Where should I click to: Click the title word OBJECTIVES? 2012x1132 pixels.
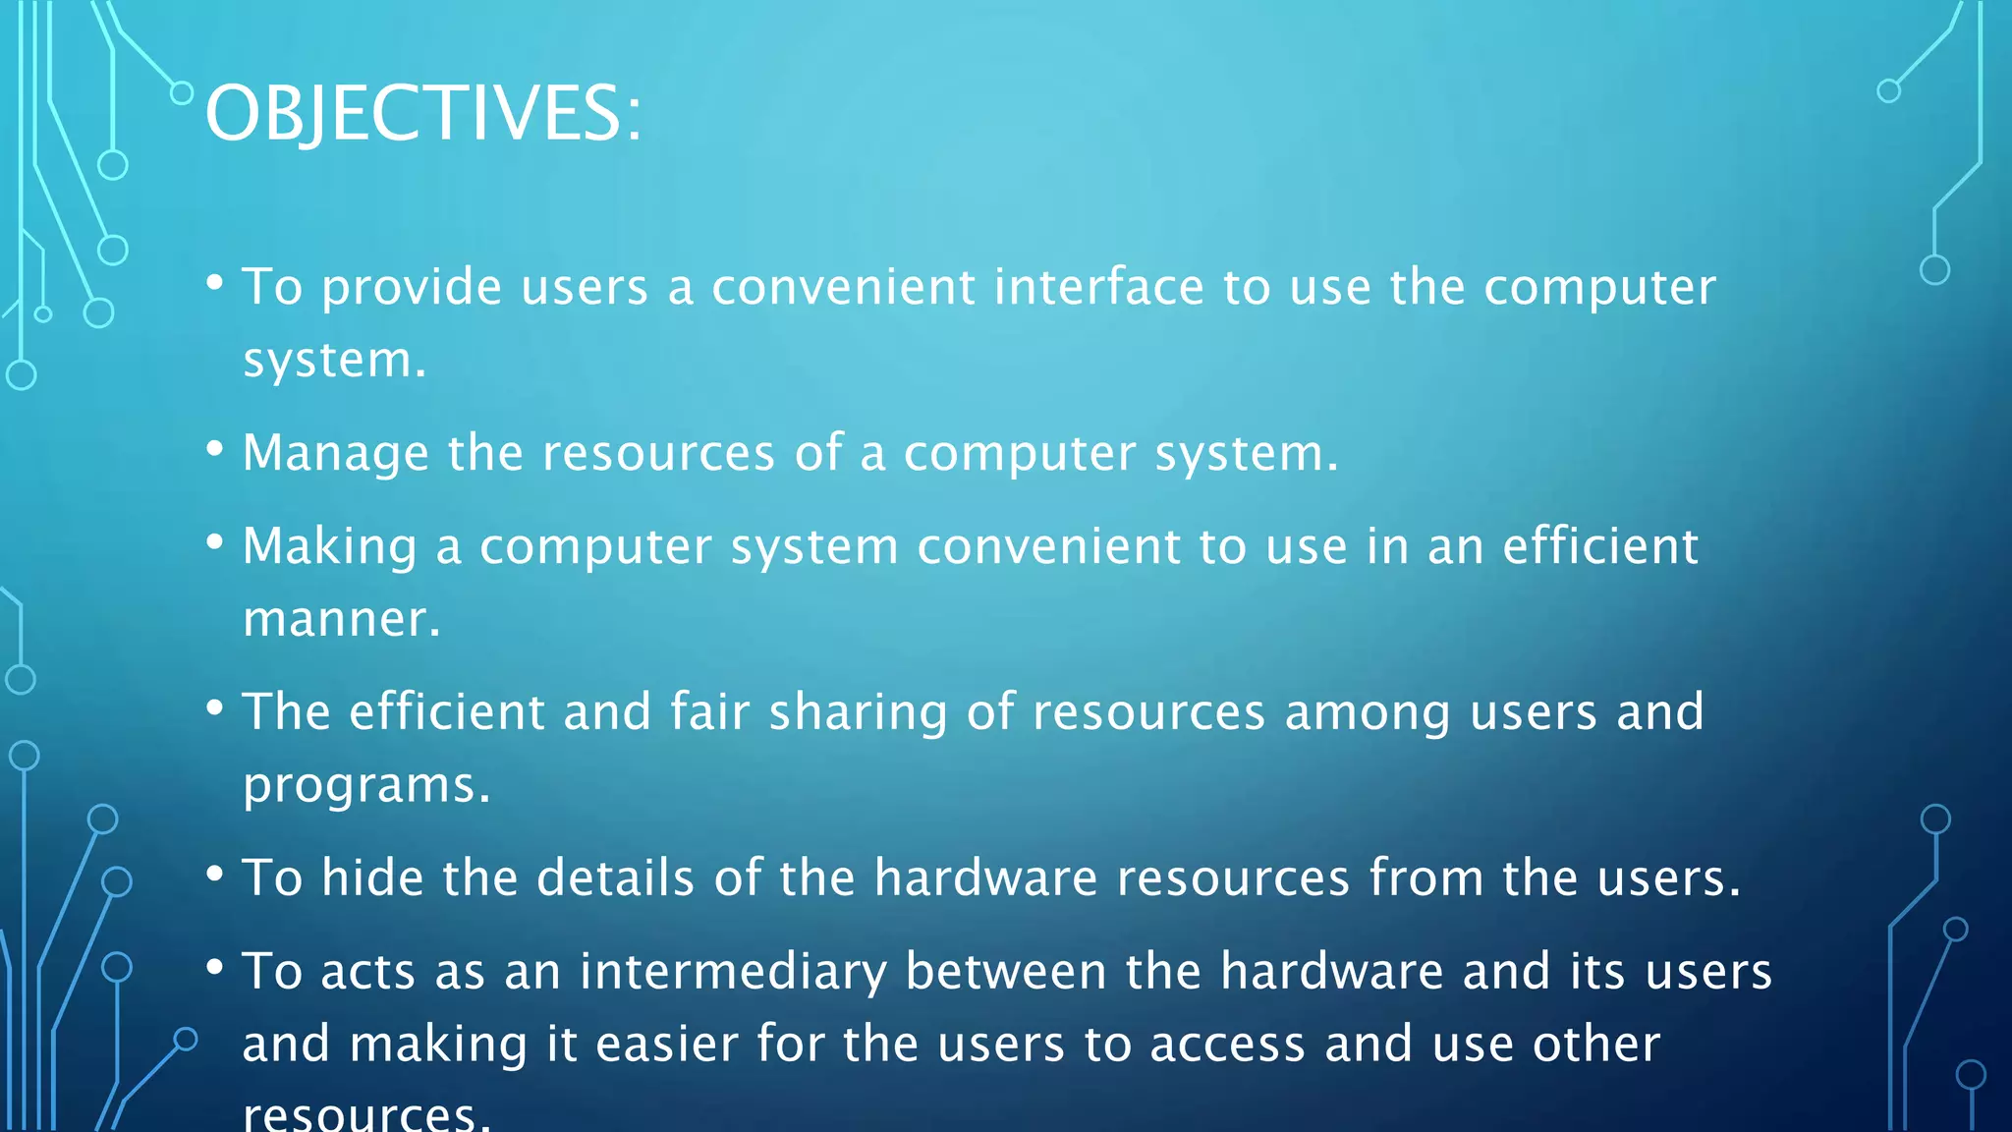[422, 113]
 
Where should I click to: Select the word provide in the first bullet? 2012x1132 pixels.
[413, 289]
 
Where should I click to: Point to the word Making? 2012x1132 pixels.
[330, 547]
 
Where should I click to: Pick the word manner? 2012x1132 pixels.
[341, 620]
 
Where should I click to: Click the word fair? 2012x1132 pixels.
[709, 711]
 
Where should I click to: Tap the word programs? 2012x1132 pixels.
[365, 786]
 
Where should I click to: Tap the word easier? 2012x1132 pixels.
[666, 1044]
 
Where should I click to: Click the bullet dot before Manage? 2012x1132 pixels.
[215, 449]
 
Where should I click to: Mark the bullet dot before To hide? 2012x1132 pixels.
[215, 873]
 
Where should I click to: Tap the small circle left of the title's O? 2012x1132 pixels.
[182, 93]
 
